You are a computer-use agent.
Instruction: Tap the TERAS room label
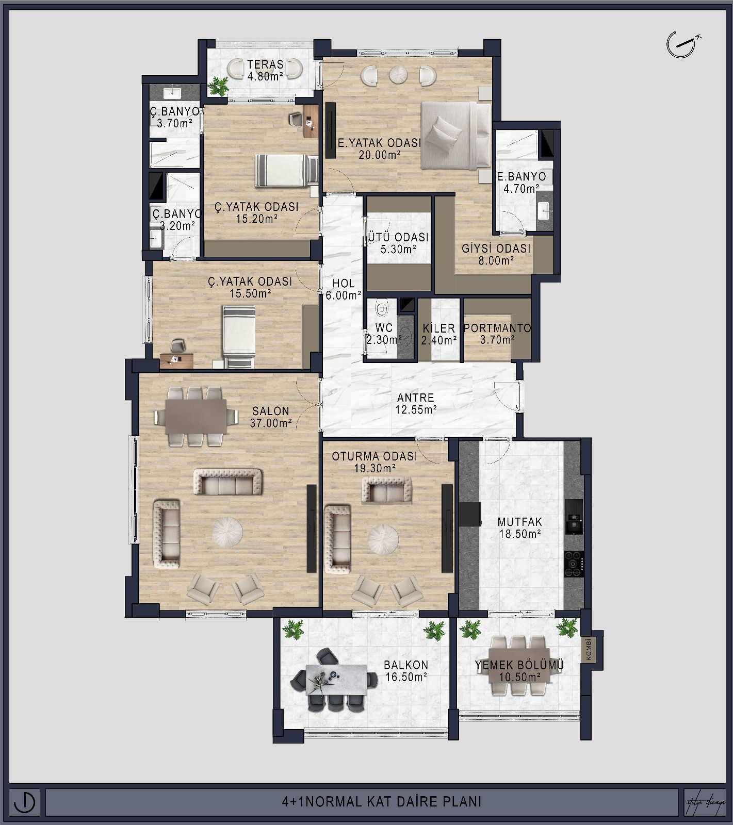[x=265, y=64]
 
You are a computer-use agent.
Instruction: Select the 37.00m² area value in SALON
[x=271, y=423]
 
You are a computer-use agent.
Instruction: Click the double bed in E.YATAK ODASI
[x=455, y=135]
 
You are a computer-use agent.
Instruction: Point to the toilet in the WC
[x=381, y=308]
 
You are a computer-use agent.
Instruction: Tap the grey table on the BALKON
[x=336, y=680]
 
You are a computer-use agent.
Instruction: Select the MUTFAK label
[x=520, y=522]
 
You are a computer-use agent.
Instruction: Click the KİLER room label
[x=439, y=328]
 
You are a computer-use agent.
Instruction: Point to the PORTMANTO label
[x=497, y=328]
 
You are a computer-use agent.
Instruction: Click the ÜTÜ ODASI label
[x=397, y=238]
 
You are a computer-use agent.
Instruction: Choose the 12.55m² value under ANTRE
[x=416, y=410]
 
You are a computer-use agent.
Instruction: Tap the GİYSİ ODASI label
[x=496, y=249]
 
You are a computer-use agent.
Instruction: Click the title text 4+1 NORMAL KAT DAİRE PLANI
[x=382, y=802]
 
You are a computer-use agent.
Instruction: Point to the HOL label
[x=343, y=283]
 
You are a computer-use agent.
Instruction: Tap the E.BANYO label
[x=522, y=177]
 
